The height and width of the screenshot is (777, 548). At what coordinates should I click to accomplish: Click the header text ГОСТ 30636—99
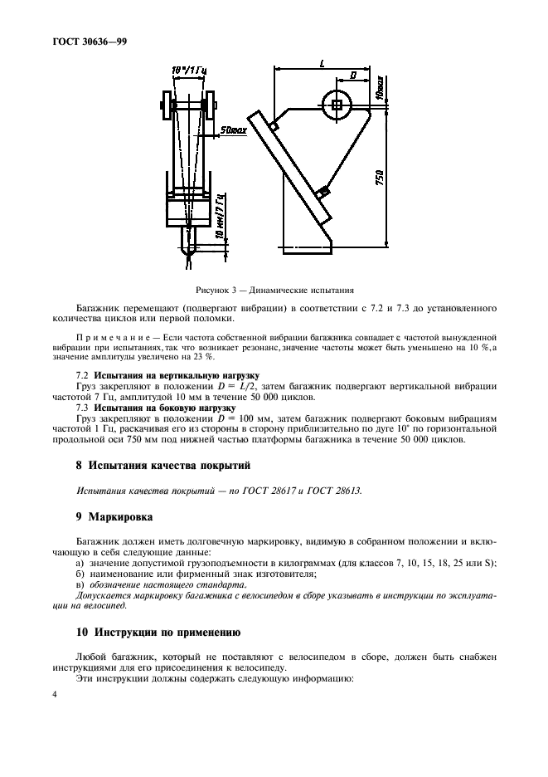82,39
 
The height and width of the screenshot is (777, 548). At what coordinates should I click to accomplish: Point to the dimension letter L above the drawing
321,63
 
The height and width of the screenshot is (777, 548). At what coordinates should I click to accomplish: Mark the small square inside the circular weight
336,104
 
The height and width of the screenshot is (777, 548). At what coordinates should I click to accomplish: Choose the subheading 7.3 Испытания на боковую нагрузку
149,408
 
